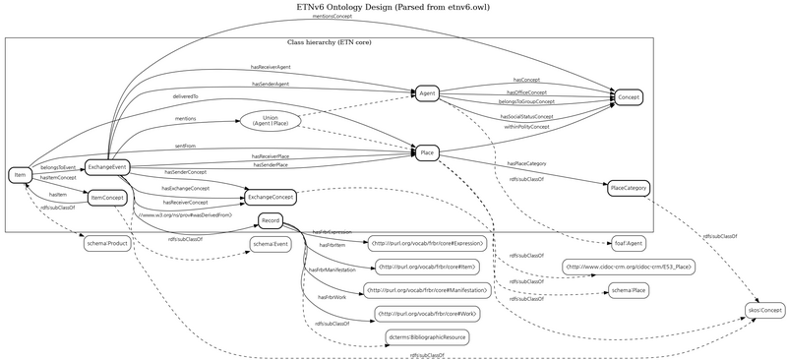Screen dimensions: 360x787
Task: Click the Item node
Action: pos(19,175)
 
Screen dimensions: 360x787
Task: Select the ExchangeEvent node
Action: pos(106,167)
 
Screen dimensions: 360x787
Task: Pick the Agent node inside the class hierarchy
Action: pos(427,93)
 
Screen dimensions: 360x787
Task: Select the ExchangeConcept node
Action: pos(270,198)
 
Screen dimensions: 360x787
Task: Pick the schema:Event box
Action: pos(270,243)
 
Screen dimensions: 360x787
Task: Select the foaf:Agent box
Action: pos(629,242)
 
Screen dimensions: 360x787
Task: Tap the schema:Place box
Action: pos(629,290)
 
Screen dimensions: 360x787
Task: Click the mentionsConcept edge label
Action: pos(333,17)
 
